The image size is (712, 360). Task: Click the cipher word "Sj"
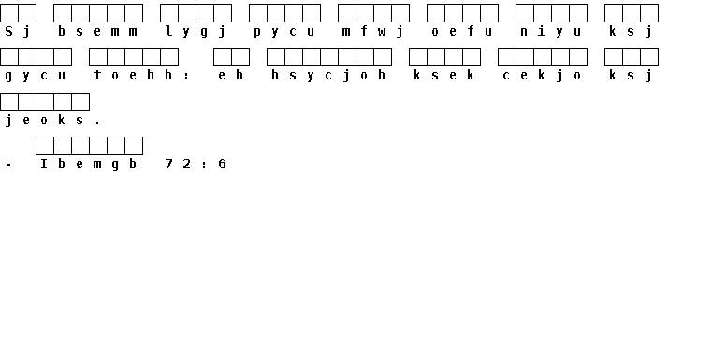pos(18,31)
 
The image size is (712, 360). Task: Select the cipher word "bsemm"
pos(97,31)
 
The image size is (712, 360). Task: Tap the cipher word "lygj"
pos(196,31)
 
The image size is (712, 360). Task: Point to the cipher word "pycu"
pos(284,31)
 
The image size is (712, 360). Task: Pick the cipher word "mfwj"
pos(373,31)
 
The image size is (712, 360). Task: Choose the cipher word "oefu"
pos(462,31)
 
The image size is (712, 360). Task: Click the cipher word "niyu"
pos(551,31)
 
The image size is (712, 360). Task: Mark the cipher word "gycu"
pos(36,76)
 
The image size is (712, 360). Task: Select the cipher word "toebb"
pos(133,75)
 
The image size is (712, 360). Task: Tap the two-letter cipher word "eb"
pos(231,75)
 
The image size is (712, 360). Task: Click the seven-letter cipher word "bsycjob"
pos(328,76)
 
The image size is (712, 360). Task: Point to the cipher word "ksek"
pos(444,75)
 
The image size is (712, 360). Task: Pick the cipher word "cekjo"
pos(542,76)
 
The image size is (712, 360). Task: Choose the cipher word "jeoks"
pos(45,120)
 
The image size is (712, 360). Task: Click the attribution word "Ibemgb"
pos(89,164)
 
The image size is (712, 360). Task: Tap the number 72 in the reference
pos(178,164)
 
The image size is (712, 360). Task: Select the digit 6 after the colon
pos(222,164)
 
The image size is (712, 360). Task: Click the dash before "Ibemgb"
pos(9,165)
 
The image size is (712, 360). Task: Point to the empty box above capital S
pos(9,13)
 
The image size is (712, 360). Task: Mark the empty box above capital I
pos(45,146)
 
